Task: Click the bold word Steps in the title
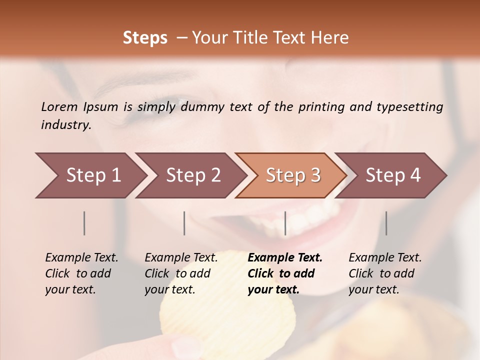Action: tap(145, 38)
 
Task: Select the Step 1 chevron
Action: tap(90, 175)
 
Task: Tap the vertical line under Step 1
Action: tap(84, 223)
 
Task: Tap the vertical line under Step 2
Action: tap(184, 223)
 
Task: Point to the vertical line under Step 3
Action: tap(285, 223)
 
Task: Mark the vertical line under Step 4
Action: tap(386, 223)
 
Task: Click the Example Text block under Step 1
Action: tap(81, 273)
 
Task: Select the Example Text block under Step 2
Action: tap(181, 273)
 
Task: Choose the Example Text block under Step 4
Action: tap(385, 273)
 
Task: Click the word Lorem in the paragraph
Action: tap(59, 107)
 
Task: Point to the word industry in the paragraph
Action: tap(66, 125)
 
